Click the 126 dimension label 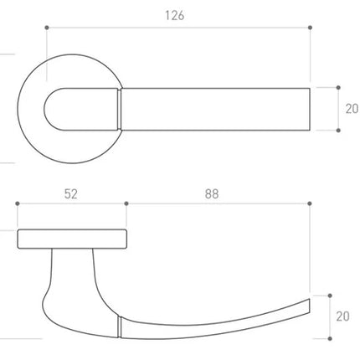[x=175, y=16]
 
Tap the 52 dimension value [x=71, y=194]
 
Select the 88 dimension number [x=212, y=194]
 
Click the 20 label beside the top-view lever [x=352, y=109]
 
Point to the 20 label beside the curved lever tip [x=342, y=316]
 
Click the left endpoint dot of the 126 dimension [x=47, y=28]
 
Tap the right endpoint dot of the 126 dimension [x=310, y=28]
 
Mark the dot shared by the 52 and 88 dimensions [x=126, y=203]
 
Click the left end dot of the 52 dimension [x=18, y=203]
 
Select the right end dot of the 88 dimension [x=310, y=203]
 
